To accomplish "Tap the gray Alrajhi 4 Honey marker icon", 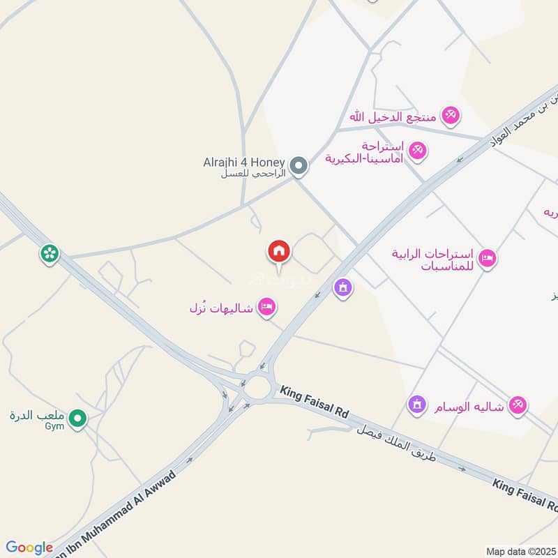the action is (x=299, y=166).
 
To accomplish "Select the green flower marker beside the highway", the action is (x=49, y=254).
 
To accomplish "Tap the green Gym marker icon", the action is (x=79, y=419).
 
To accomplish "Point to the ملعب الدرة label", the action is (x=37, y=415).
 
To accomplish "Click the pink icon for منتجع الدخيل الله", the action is (x=451, y=116).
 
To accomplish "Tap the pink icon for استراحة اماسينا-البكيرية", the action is (x=418, y=150).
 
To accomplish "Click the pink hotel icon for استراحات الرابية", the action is (x=487, y=258).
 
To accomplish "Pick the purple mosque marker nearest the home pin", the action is (x=342, y=287).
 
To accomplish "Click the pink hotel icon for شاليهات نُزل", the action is (x=266, y=307).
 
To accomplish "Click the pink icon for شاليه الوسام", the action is (x=517, y=404).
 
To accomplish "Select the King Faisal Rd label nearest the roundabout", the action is (x=314, y=402).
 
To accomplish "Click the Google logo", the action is (x=29, y=548).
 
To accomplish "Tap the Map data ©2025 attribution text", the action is (x=520, y=551).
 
